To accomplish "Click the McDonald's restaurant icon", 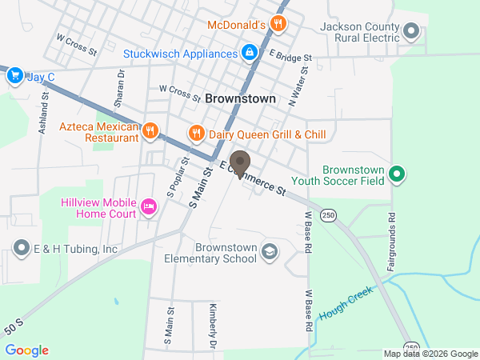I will pos(278,23).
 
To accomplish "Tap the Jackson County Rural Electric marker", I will pos(412,32).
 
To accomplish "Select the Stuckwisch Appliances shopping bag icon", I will pos(250,54).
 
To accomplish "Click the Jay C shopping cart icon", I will pos(14,76).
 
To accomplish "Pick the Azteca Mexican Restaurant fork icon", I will pos(150,130).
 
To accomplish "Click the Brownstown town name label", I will pos(240,98).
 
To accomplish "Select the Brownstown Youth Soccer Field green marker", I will pos(395,174).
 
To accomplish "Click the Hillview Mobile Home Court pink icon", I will pos(148,207).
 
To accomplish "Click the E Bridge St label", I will pos(290,58).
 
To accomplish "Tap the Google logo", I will pos(27,350).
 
